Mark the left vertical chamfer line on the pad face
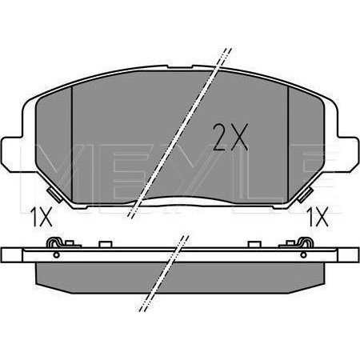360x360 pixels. (73, 144)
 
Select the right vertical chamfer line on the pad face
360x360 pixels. (287, 144)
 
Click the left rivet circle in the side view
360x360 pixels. (55, 255)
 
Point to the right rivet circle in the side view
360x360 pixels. (305, 255)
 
